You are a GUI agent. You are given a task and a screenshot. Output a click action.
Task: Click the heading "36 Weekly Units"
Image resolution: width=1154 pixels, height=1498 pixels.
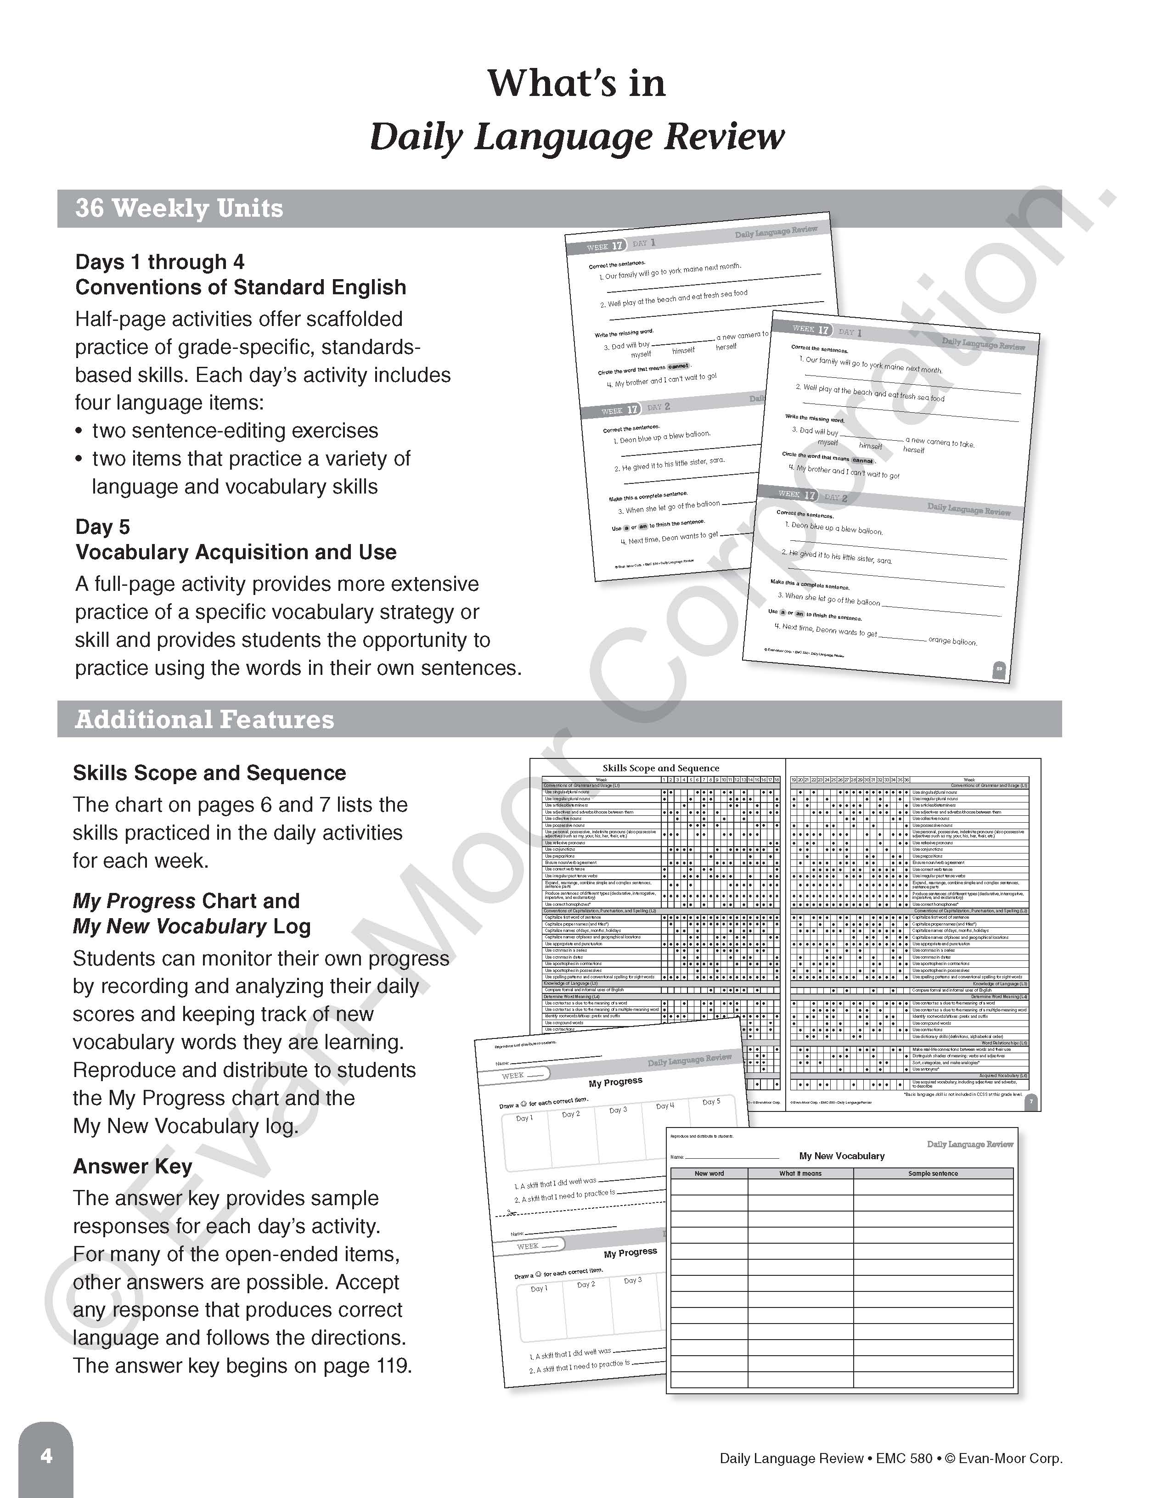click(179, 208)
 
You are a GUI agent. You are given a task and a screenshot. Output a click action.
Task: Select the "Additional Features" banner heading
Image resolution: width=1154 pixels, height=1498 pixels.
click(204, 719)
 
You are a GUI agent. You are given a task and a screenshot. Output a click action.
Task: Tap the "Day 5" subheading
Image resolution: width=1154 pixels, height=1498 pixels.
click(102, 527)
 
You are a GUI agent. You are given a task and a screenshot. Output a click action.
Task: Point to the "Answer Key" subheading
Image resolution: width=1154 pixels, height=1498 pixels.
click(132, 1166)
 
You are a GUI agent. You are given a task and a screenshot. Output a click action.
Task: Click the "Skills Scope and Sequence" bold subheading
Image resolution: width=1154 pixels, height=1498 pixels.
click(209, 773)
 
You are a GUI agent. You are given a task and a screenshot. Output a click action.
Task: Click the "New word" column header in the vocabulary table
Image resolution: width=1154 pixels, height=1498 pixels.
click(709, 1173)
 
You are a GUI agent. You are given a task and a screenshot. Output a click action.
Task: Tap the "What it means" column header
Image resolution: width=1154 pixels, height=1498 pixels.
click(800, 1173)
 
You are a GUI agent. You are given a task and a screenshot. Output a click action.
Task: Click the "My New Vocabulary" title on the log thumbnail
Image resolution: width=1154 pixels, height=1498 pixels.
click(841, 1156)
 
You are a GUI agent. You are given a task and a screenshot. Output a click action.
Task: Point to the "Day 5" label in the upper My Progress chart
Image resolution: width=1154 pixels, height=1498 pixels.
click(711, 1101)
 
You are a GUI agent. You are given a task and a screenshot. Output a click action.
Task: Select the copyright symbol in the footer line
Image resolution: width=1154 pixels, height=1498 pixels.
click(950, 1458)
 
